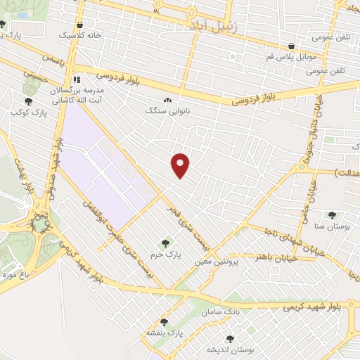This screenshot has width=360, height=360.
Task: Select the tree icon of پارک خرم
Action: coord(166,243)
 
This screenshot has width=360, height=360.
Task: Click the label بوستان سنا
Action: coord(332,226)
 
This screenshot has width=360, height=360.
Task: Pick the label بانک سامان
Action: coord(221,311)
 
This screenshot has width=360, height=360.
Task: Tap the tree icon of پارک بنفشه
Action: coord(165,321)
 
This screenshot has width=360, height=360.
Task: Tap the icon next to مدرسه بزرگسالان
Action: coord(77,79)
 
